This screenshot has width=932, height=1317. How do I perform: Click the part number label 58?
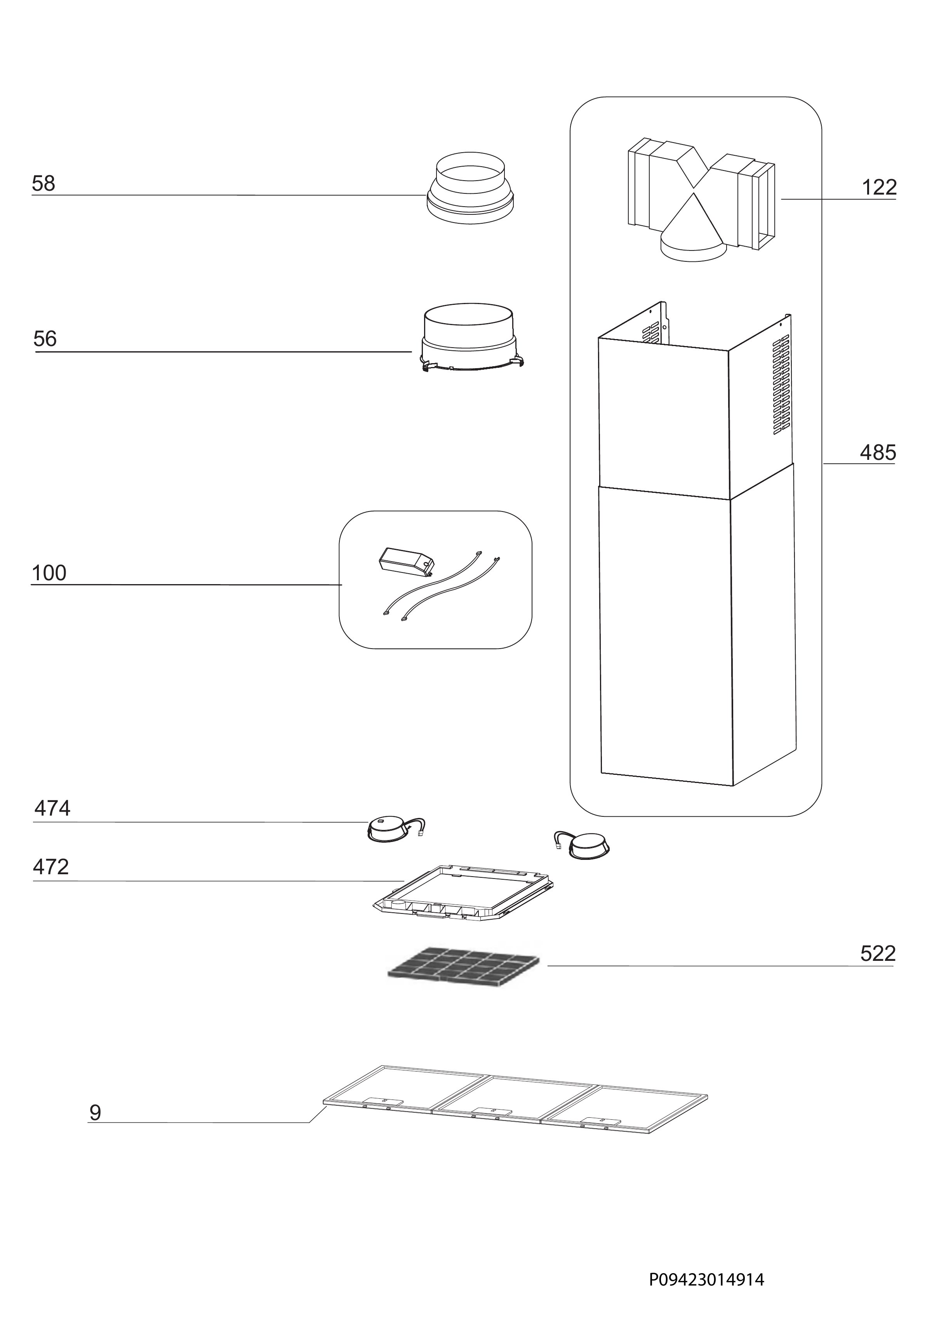pos(43,184)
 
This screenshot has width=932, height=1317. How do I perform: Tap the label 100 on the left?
pos(49,573)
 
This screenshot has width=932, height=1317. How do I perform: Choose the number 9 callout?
pos(95,1113)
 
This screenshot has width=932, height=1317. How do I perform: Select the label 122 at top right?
pos(879,187)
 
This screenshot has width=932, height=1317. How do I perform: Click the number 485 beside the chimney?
pos(878,453)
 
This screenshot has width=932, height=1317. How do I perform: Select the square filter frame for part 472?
pos(464,893)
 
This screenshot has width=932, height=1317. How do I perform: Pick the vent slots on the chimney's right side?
pos(781,384)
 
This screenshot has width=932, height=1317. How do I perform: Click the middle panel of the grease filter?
pos(513,1101)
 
